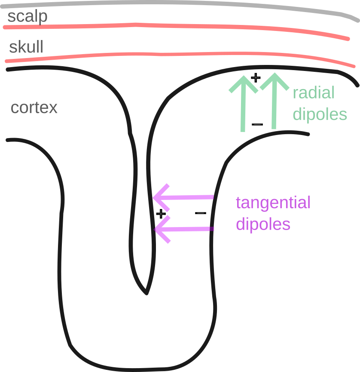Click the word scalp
(x=27, y=17)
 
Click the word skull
(x=26, y=47)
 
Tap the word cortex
(x=34, y=108)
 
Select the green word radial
(x=313, y=93)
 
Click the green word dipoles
(x=319, y=115)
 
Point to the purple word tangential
(x=273, y=203)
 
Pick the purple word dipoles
(x=263, y=224)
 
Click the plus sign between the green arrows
(x=256, y=78)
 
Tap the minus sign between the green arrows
(x=257, y=125)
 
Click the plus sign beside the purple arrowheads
(x=160, y=213)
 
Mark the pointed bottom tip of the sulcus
(x=147, y=293)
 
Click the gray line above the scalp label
(x=180, y=3)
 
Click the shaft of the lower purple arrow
(x=189, y=229)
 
